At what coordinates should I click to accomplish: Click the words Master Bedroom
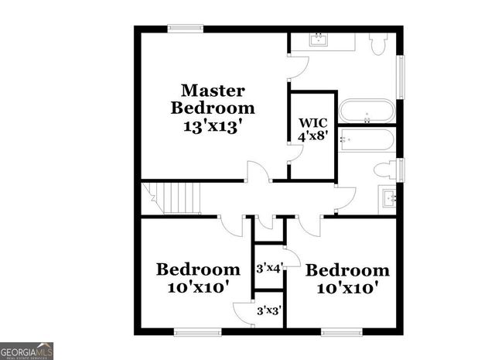(x=213, y=98)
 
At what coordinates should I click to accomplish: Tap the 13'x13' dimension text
(x=213, y=124)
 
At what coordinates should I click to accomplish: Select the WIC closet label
(x=312, y=122)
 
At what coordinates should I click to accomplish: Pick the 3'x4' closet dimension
(x=268, y=268)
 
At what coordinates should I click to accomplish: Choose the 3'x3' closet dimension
(x=268, y=310)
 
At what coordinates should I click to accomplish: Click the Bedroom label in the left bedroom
(x=198, y=269)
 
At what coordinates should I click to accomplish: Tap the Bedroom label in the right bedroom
(x=347, y=270)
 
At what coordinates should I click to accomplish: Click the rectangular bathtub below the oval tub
(x=367, y=142)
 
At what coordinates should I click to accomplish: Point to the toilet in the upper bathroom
(x=379, y=45)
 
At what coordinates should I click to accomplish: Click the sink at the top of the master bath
(x=319, y=39)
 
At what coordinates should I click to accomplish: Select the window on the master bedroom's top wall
(x=186, y=29)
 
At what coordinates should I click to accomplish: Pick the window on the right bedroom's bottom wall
(x=342, y=332)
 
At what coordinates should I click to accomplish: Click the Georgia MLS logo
(x=27, y=351)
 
